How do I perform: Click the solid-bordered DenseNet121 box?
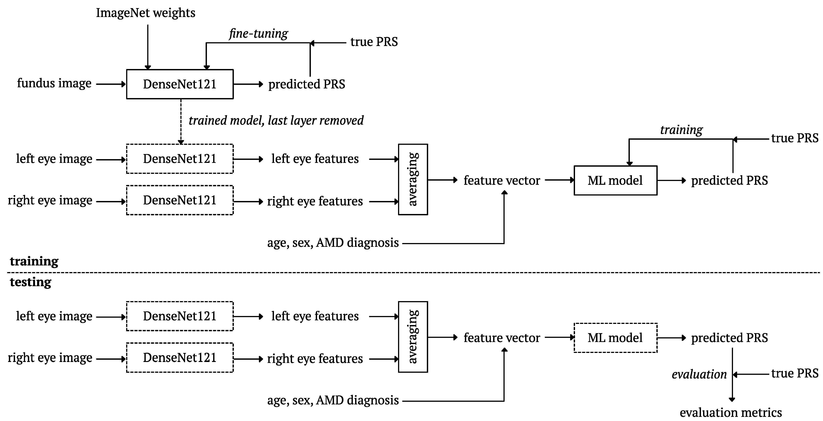coord(180,84)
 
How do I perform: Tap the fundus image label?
coord(54,83)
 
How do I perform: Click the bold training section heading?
coord(34,261)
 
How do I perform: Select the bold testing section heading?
coord(31,282)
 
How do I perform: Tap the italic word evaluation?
coord(699,374)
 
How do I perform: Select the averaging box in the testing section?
coord(413,337)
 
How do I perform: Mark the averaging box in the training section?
coord(413,179)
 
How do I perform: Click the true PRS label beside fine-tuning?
coord(374,42)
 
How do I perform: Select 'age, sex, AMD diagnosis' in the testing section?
coord(333,400)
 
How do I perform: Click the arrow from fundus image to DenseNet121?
coord(111,84)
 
